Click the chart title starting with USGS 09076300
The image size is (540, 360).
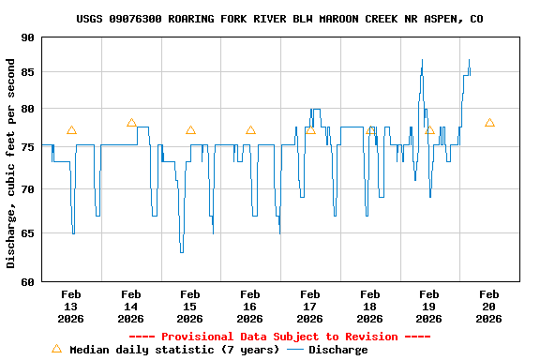(x=279, y=19)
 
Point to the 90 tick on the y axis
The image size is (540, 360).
(x=26, y=37)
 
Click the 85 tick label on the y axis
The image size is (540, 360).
(x=26, y=73)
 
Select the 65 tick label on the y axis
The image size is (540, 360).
(x=26, y=232)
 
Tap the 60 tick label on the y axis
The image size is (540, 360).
(x=26, y=281)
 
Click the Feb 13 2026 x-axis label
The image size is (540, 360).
(x=71, y=306)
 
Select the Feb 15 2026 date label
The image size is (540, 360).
(x=189, y=306)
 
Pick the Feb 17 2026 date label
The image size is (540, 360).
(x=309, y=306)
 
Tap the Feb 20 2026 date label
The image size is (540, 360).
(x=488, y=306)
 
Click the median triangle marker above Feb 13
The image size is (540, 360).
(x=71, y=130)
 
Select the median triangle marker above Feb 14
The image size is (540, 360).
(x=131, y=123)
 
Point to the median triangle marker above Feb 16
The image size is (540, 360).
(x=250, y=130)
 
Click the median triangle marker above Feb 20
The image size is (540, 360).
(x=489, y=123)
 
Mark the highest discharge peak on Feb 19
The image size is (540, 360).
(x=422, y=61)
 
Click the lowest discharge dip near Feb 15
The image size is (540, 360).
(x=182, y=251)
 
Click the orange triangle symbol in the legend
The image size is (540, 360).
(x=56, y=349)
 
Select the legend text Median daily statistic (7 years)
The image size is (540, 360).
(x=174, y=350)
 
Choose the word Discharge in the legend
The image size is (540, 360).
(x=337, y=350)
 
